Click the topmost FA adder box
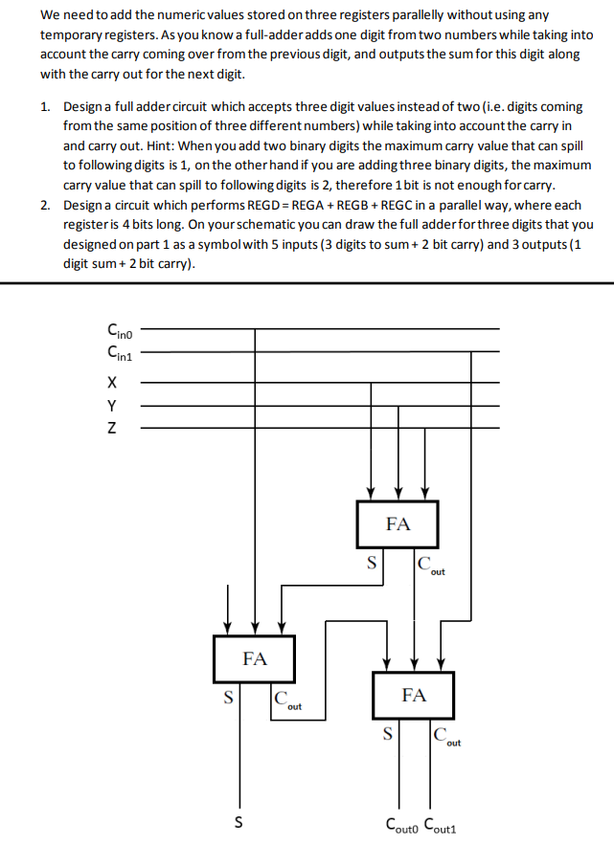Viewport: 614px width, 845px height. point(398,524)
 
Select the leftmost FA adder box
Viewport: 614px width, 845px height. point(255,659)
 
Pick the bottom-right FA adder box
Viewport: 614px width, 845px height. point(414,696)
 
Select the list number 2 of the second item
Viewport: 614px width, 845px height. point(46,206)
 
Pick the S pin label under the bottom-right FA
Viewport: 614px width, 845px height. point(388,735)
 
